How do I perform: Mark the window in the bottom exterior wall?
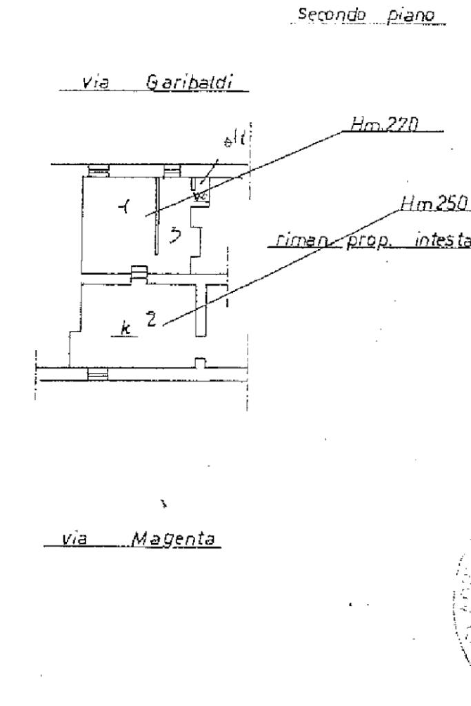tap(98, 373)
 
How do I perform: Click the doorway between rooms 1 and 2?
tap(138, 274)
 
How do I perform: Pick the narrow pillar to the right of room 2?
tap(201, 311)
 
